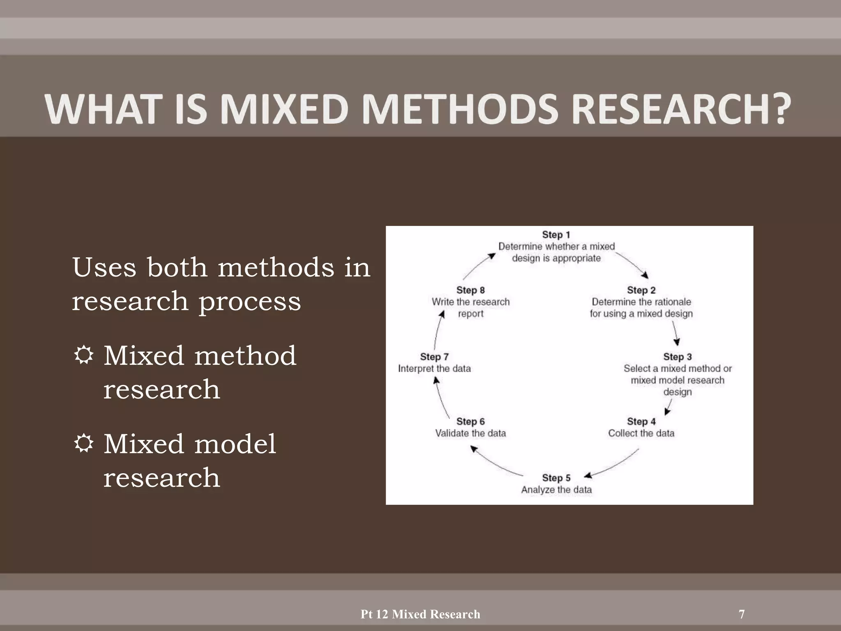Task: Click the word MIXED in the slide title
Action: click(x=284, y=109)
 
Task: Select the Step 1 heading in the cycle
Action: click(x=556, y=235)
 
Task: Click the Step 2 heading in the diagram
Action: click(x=641, y=290)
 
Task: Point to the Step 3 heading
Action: click(x=677, y=357)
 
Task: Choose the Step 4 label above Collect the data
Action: click(x=641, y=421)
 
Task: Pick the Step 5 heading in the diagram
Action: click(x=556, y=478)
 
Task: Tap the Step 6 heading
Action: click(x=471, y=421)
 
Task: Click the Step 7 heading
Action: click(x=434, y=357)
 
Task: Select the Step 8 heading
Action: click(x=471, y=290)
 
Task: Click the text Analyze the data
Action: click(x=556, y=490)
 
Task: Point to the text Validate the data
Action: click(x=471, y=433)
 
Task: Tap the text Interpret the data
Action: click(x=434, y=368)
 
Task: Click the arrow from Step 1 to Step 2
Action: click(x=632, y=265)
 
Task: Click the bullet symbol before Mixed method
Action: click(x=84, y=355)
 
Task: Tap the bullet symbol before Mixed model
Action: click(x=84, y=444)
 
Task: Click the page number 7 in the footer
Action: click(x=742, y=614)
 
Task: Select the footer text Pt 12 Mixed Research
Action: click(x=420, y=614)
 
